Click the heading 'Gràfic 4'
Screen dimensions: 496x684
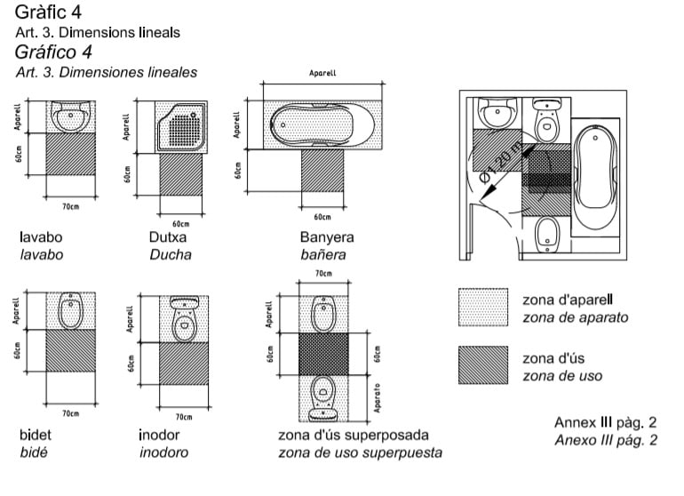pyautogui.click(x=52, y=12)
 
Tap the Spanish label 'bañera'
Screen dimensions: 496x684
pyautogui.click(x=322, y=255)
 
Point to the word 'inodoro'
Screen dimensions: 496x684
pyautogui.click(x=163, y=452)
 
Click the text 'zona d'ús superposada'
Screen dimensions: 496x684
pyautogui.click(x=354, y=436)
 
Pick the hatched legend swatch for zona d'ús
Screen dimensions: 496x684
pyautogui.click(x=483, y=364)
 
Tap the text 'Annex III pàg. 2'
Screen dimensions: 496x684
pyautogui.click(x=605, y=421)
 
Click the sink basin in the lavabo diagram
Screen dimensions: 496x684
pyautogui.click(x=68, y=115)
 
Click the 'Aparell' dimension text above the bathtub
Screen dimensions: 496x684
pyautogui.click(x=322, y=74)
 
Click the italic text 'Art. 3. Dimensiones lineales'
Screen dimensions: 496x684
pyautogui.click(x=107, y=72)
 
